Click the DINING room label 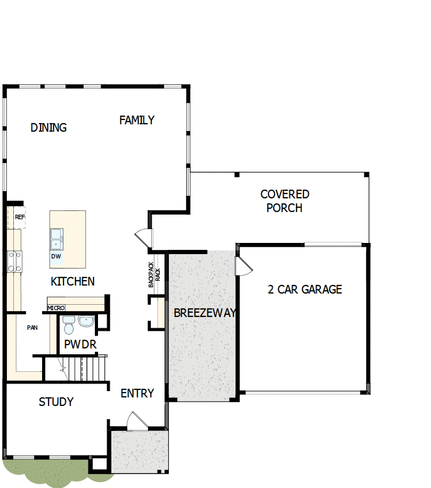(48, 127)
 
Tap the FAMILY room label (136, 120)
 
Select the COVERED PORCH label (284, 201)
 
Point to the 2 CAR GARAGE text (304, 289)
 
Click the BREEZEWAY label (204, 313)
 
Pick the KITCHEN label (72, 281)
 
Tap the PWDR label (80, 344)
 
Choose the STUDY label (56, 402)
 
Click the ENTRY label (137, 393)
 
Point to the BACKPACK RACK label (154, 275)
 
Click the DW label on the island (56, 256)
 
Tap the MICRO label (56, 308)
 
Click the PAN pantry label (32, 328)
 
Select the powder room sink (86, 321)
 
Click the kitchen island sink (56, 238)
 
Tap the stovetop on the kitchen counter (14, 261)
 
